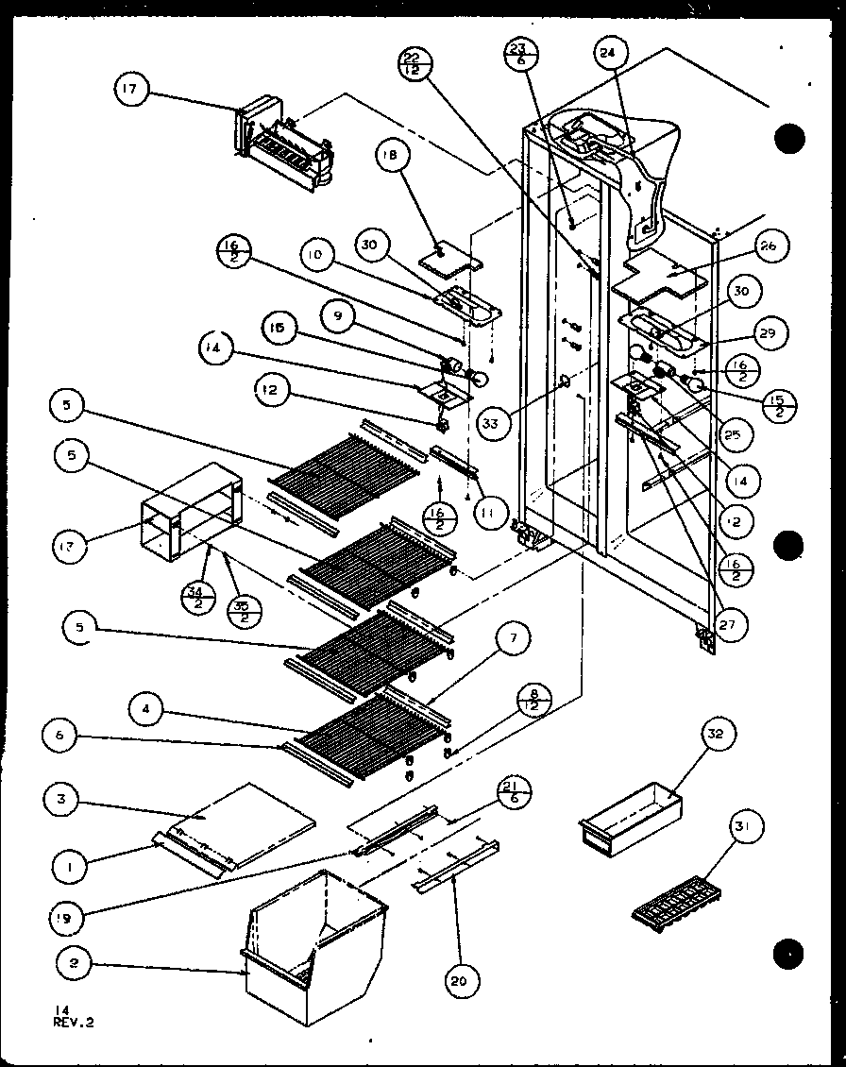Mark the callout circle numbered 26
[x=767, y=247]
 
